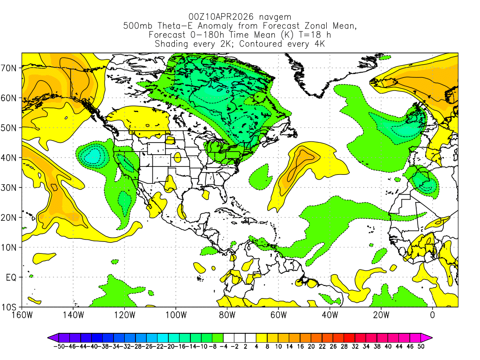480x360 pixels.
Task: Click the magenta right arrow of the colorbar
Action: [x=428, y=337]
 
